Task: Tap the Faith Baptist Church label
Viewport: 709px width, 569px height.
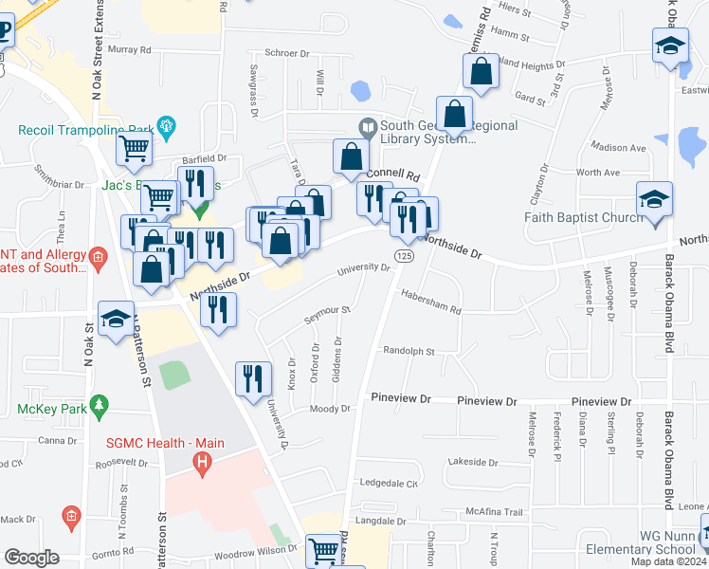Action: [585, 216]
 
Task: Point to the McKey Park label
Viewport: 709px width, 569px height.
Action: [51, 410]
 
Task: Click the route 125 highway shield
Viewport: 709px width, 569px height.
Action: [405, 256]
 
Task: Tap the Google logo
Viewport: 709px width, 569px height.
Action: [32, 558]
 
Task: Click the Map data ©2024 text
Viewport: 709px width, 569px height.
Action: [668, 561]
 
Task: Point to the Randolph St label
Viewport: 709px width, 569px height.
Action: [408, 351]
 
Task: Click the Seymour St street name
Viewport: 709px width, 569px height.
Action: [327, 311]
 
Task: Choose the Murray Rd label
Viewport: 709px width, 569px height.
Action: [129, 49]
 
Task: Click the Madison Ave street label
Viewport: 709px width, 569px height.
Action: [617, 148]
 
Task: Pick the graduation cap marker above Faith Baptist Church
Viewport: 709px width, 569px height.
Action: [655, 200]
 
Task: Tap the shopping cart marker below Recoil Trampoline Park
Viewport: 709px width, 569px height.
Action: [134, 147]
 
